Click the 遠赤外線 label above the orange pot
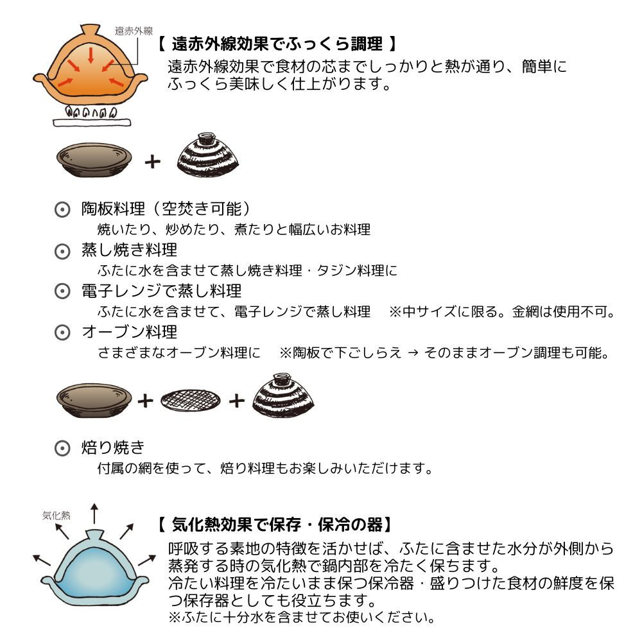(134, 30)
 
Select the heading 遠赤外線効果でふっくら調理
(277, 45)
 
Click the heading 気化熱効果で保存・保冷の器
(273, 525)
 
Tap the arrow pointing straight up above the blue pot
(94, 514)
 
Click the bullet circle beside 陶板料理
(62, 210)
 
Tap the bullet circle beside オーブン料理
(62, 333)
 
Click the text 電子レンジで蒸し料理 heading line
(162, 291)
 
